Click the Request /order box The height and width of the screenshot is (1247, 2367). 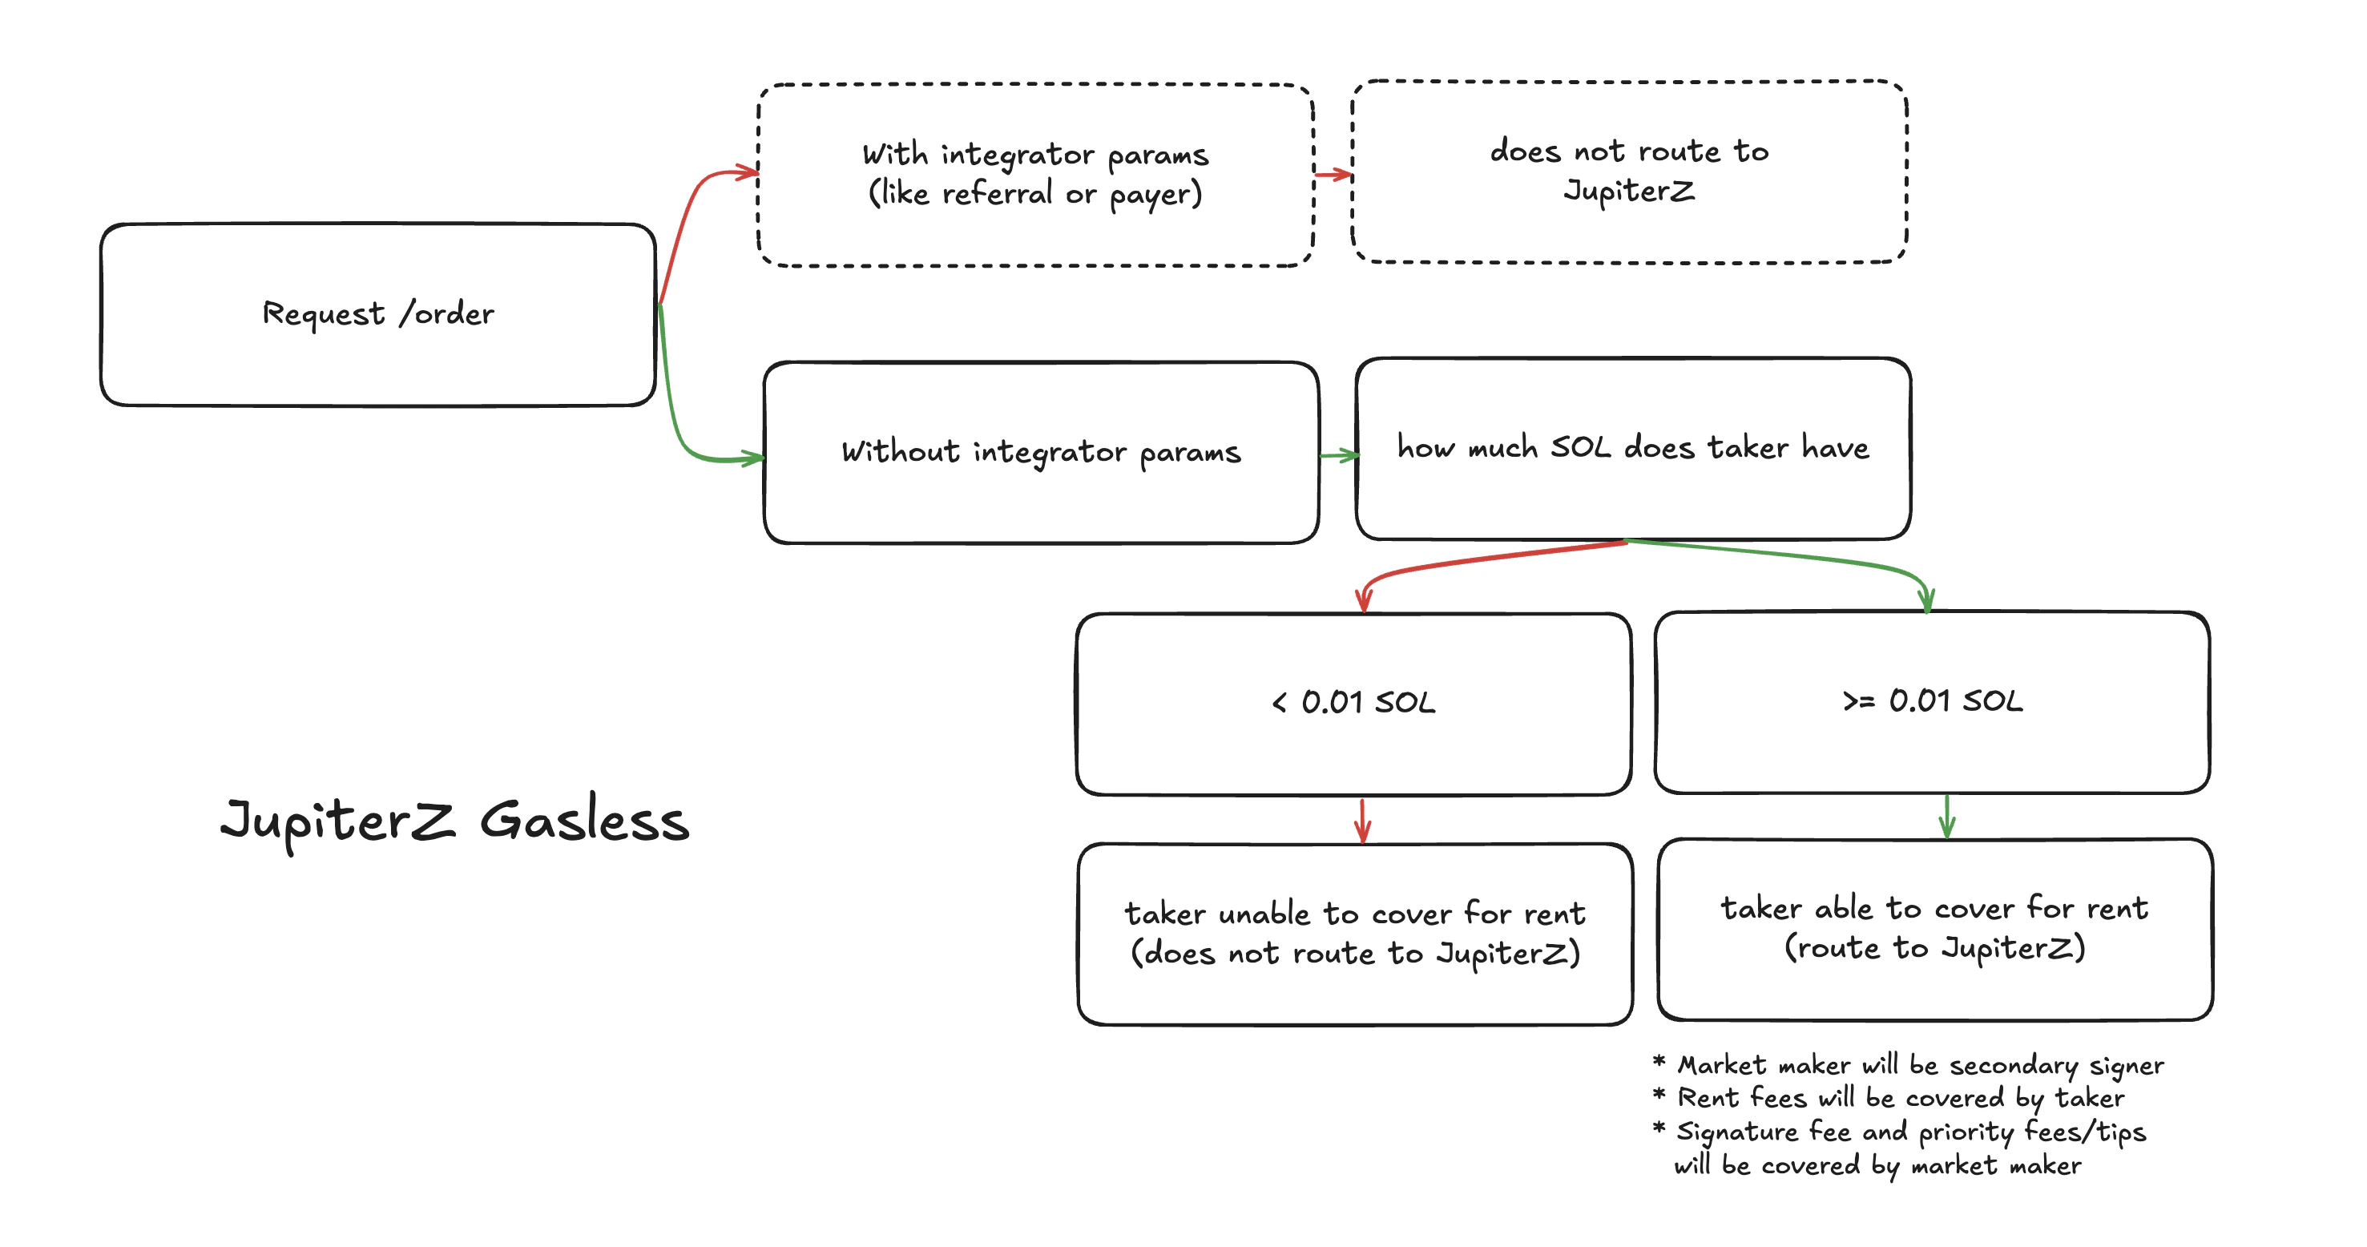[x=377, y=314]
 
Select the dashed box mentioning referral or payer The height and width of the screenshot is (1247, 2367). [x=1034, y=175]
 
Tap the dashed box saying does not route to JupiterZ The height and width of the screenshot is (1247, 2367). [x=1628, y=172]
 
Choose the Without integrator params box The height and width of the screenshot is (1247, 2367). [x=1040, y=452]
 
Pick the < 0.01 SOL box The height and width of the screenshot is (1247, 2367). [x=1353, y=703]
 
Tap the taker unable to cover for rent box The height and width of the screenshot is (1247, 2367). [x=1354, y=934]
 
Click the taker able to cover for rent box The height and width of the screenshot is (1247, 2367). [x=1934, y=928]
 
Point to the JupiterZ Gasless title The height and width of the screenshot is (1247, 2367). [x=455, y=821]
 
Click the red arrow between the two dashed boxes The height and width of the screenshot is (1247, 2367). [x=1333, y=174]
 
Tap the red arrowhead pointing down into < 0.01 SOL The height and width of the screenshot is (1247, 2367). [x=1364, y=602]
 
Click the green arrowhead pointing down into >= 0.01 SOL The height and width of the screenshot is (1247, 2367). [x=1927, y=601]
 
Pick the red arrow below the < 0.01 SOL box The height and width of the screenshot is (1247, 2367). [x=1363, y=820]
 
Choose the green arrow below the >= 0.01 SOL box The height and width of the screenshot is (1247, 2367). [x=1946, y=816]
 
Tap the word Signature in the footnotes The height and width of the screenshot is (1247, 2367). [x=1736, y=1132]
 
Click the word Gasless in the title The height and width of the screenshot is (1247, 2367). [x=584, y=821]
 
